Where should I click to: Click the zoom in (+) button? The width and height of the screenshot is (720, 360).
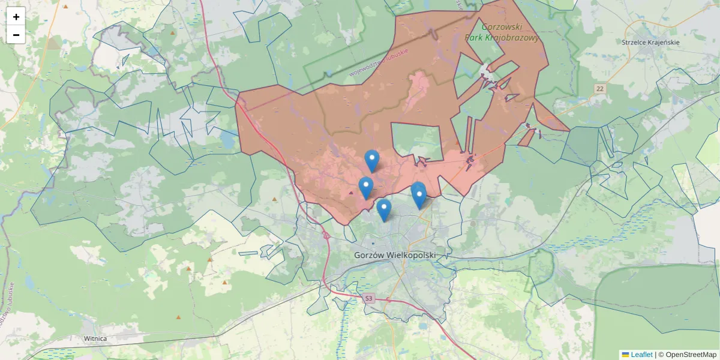click(x=16, y=17)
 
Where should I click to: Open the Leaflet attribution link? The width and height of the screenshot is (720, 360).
click(x=641, y=355)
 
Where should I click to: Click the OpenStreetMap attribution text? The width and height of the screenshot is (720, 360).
click(x=691, y=355)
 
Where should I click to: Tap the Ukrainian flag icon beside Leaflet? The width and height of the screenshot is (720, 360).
click(x=625, y=355)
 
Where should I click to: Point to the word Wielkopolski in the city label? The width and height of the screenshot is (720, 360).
click(x=413, y=255)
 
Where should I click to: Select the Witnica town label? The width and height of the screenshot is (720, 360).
click(x=95, y=338)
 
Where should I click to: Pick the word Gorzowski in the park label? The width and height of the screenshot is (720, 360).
click(x=503, y=27)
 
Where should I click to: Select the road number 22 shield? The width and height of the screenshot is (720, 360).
click(x=600, y=89)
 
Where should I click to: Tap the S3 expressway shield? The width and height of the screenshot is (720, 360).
click(x=368, y=298)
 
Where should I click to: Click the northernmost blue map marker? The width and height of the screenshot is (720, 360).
click(x=372, y=160)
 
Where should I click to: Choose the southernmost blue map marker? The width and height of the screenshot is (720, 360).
click(x=384, y=209)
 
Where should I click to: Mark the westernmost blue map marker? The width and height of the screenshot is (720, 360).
click(x=365, y=187)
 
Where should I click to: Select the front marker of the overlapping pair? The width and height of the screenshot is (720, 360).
click(x=419, y=196)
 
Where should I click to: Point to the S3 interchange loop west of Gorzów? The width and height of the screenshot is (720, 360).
click(x=326, y=235)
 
